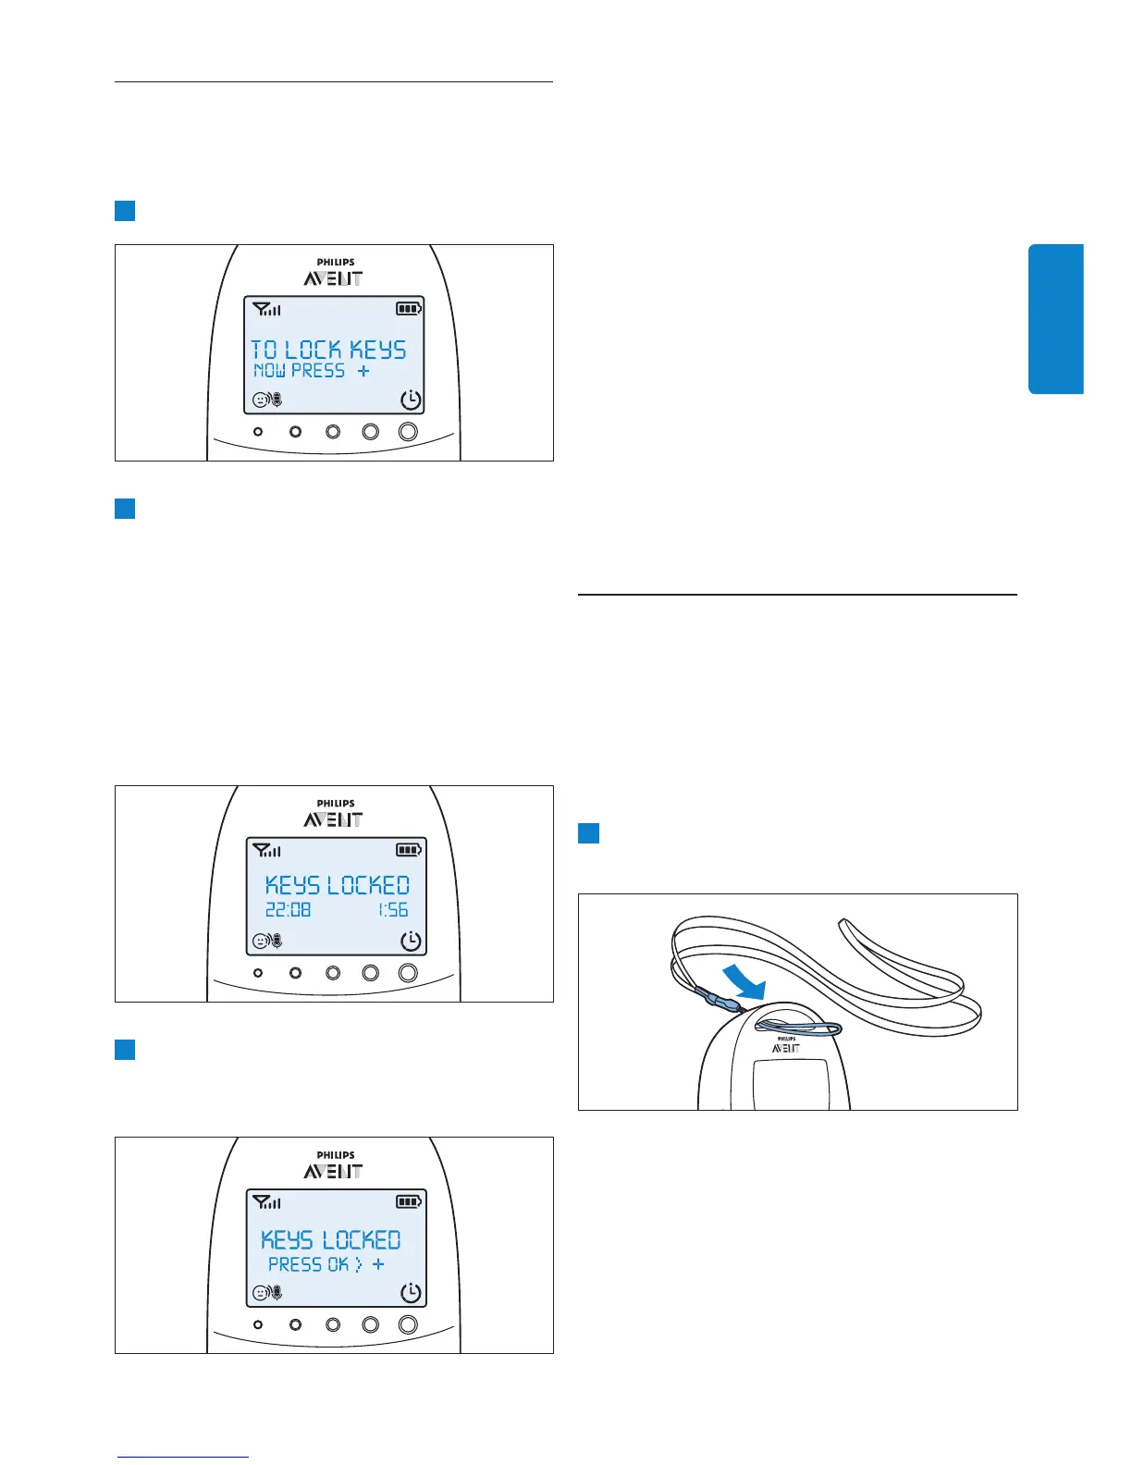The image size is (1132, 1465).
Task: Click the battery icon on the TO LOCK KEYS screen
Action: pos(409,309)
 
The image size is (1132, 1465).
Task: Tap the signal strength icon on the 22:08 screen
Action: pos(266,850)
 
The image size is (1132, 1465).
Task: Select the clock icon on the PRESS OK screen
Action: pos(411,1293)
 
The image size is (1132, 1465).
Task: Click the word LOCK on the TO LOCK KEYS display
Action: pos(313,350)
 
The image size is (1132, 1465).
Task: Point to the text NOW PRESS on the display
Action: pos(300,371)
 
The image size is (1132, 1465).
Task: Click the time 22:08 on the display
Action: pos(288,910)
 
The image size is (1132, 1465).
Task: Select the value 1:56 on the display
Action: pos(393,910)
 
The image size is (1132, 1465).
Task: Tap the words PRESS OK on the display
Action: pos(308,1264)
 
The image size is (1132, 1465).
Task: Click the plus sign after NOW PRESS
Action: pos(363,371)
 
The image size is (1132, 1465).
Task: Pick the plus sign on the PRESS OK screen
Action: pos(378,1264)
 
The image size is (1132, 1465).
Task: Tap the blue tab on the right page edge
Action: pos(1056,319)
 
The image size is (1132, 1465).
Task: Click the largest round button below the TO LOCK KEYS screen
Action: pos(408,432)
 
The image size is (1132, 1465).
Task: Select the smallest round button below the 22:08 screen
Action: pos(258,973)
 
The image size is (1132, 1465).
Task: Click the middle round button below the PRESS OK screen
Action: pos(333,1324)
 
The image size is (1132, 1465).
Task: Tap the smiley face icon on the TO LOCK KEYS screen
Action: pos(261,400)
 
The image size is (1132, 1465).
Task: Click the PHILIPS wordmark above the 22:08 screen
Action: pos(336,804)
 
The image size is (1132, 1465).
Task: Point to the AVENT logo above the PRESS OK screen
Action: pos(334,1172)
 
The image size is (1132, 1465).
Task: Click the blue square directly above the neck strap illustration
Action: pos(589,833)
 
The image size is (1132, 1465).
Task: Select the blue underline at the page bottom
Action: pos(183,1457)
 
